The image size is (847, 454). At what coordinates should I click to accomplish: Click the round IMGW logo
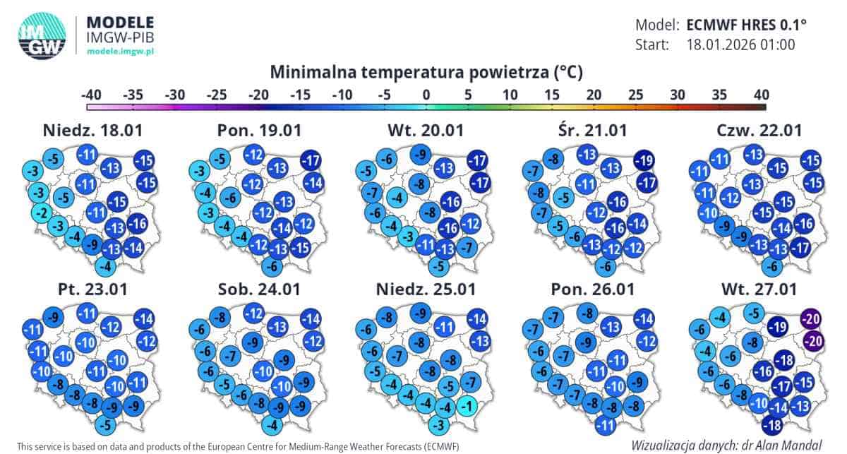[42, 35]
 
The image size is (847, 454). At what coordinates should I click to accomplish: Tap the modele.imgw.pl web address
[120, 52]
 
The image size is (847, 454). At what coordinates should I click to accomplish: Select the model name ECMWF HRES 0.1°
[746, 25]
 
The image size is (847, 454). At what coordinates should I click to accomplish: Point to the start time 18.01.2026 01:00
[741, 45]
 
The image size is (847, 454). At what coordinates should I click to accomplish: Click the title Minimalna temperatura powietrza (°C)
[426, 72]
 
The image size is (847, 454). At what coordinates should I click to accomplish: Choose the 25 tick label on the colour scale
[635, 95]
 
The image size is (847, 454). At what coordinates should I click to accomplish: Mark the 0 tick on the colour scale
[426, 95]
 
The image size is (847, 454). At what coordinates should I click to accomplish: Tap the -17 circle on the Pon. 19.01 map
[310, 160]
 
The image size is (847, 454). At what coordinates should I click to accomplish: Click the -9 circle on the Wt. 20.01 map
[421, 153]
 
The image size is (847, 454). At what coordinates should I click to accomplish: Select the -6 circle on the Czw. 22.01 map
[772, 267]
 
